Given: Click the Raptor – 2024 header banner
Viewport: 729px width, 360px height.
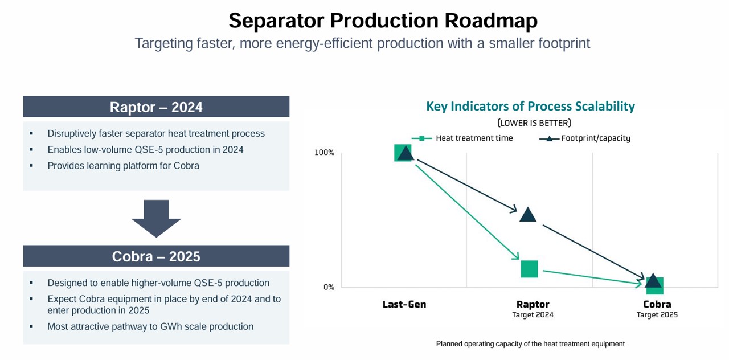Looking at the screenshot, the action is tap(156, 107).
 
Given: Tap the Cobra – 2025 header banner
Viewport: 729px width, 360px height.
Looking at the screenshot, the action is tap(156, 256).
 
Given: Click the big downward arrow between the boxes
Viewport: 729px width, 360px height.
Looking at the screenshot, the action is tap(156, 218).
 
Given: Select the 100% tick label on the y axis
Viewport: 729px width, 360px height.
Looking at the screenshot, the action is tap(324, 152).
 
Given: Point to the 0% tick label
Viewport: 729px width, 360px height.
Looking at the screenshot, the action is tap(329, 287).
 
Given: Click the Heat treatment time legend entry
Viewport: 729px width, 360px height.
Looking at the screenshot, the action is tap(462, 138).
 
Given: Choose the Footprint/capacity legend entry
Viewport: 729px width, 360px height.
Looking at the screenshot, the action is tap(585, 138).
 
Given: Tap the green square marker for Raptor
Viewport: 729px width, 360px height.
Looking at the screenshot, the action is tap(529, 269).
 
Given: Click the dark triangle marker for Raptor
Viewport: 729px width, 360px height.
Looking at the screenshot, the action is tap(528, 215).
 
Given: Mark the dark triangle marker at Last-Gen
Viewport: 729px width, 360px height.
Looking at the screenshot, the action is tap(406, 153).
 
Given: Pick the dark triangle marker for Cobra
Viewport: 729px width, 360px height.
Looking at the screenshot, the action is tap(653, 281).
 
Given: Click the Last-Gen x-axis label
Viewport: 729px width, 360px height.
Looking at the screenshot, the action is tap(404, 304).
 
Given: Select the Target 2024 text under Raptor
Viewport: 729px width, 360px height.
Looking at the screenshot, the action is tap(533, 315).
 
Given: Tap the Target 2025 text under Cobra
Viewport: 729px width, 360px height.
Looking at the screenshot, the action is tap(657, 315).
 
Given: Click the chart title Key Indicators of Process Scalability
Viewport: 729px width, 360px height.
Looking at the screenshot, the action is tap(530, 106).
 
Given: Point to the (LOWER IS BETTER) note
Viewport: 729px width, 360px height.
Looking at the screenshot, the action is tap(534, 123).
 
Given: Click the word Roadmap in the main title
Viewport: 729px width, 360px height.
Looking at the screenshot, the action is tap(491, 21).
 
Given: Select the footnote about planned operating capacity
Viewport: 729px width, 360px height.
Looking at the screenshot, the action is tap(530, 344).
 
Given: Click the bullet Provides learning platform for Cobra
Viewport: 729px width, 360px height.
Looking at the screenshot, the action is tap(124, 166).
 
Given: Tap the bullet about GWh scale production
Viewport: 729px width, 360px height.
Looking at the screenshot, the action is tap(150, 326).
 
